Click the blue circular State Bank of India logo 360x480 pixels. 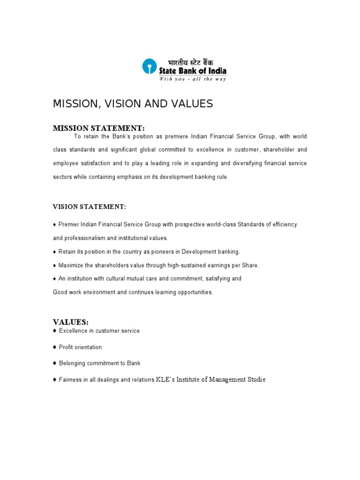(x=149, y=66)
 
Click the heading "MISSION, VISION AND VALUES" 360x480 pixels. (x=133, y=104)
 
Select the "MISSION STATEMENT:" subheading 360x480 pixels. (x=98, y=128)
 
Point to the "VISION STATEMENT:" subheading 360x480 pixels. (x=89, y=207)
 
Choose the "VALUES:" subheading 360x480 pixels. (x=70, y=322)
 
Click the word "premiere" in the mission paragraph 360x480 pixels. (x=174, y=136)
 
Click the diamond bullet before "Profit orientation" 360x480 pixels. (x=55, y=347)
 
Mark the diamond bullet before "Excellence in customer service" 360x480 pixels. (x=55, y=331)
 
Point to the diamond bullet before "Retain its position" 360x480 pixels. (x=55, y=252)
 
